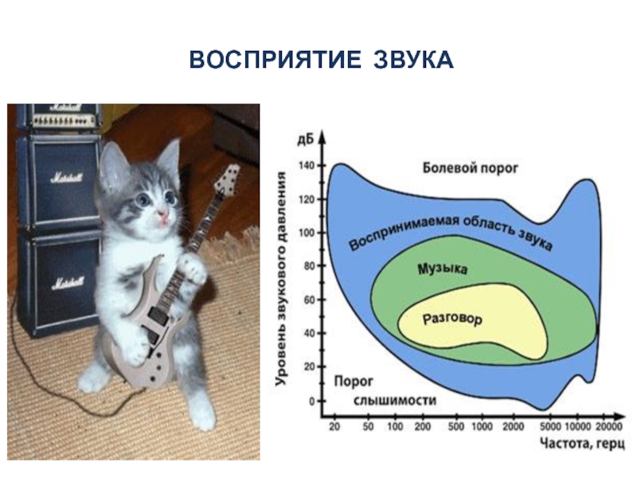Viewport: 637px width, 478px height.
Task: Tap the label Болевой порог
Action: point(471,168)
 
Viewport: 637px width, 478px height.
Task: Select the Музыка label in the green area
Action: point(443,269)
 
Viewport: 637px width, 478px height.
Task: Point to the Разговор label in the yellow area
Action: point(452,319)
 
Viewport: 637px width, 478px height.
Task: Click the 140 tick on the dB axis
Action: point(307,166)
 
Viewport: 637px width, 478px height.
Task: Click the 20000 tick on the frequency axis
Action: point(609,427)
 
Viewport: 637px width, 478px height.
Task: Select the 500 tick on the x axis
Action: point(457,427)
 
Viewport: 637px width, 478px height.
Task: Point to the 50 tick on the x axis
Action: point(368,427)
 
